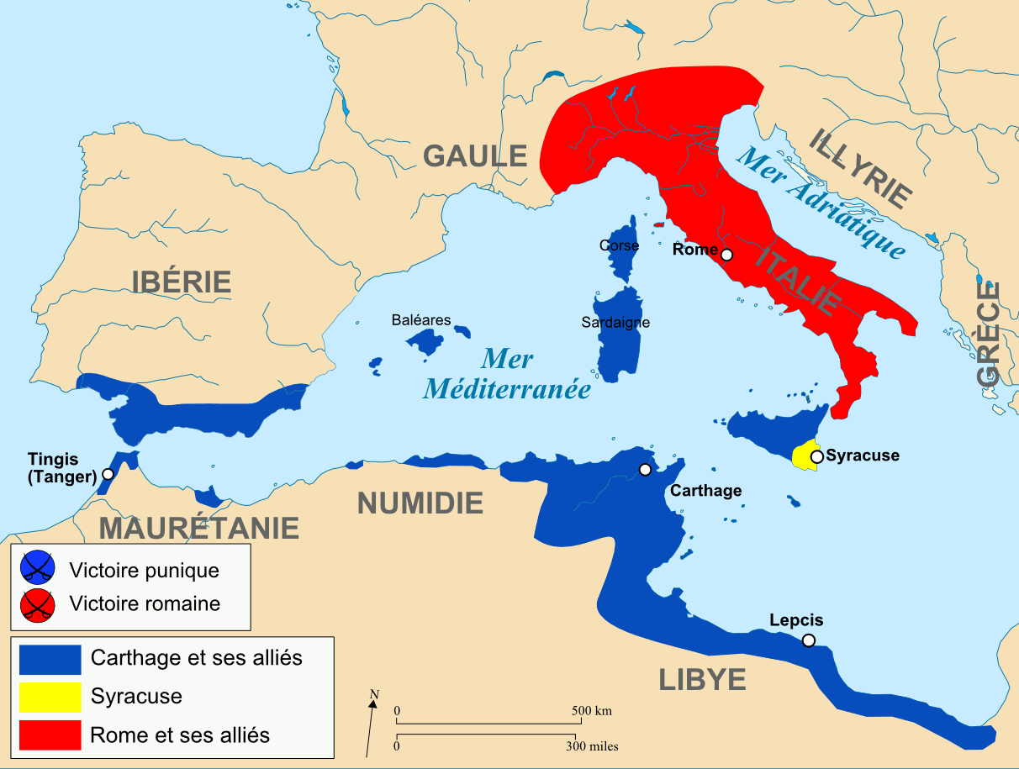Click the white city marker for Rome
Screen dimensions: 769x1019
(727, 255)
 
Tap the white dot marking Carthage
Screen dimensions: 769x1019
(645, 470)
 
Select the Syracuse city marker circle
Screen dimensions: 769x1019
(816, 456)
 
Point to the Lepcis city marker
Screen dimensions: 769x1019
(808, 640)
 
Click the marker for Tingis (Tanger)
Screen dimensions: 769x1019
(108, 474)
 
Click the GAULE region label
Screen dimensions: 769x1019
(475, 155)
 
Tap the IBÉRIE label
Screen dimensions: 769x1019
(181, 281)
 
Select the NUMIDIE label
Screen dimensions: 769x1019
(420, 503)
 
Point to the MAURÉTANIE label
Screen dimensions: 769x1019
(199, 528)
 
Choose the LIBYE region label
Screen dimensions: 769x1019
(702, 679)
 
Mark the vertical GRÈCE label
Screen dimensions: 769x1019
(989, 334)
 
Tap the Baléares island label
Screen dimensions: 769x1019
(421, 320)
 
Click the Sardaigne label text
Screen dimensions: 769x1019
(615, 322)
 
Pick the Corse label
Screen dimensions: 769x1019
(619, 245)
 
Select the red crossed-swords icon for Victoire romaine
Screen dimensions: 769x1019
(38, 603)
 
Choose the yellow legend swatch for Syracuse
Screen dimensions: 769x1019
(50, 696)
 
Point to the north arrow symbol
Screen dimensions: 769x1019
(371, 722)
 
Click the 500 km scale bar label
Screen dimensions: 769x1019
(592, 710)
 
